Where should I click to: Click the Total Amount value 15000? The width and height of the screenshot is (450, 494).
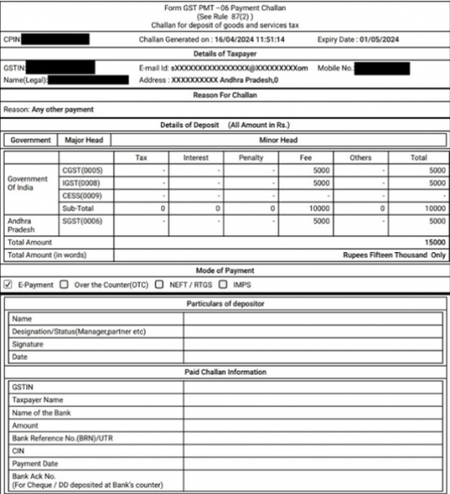coord(432,241)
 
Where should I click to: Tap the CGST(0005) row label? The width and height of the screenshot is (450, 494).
coord(84,171)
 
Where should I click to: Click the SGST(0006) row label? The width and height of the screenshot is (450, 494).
coord(84,221)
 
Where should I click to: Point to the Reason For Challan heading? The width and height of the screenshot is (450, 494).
coord(224,96)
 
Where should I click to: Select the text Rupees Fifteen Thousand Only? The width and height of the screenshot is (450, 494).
coord(393,254)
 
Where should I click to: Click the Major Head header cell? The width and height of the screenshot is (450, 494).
coord(83,140)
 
